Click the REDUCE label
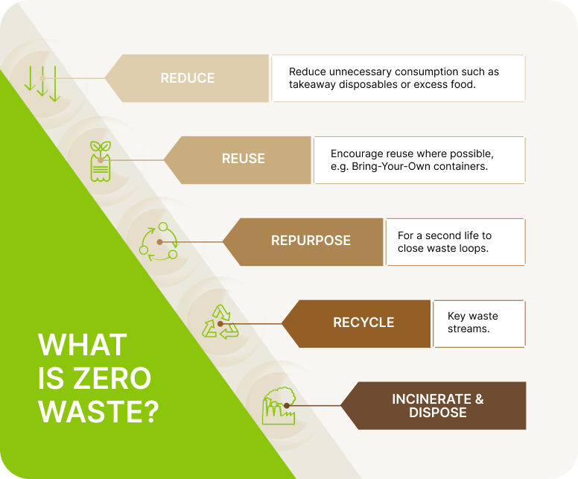pos(187,78)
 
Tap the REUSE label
pos(244,159)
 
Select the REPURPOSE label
pos(311,241)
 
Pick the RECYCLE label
pos(363,323)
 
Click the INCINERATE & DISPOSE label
pos(437,405)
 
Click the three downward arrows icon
pos(42,84)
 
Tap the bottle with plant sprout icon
pos(101,161)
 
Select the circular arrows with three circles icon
pos(159,241)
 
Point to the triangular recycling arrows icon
pos(220,322)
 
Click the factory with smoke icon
pos(279,405)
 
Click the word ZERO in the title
pos(112,378)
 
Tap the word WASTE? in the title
pos(99,411)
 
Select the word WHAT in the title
pos(83,345)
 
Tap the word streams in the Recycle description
pos(469,329)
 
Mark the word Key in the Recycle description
pos(456,316)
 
